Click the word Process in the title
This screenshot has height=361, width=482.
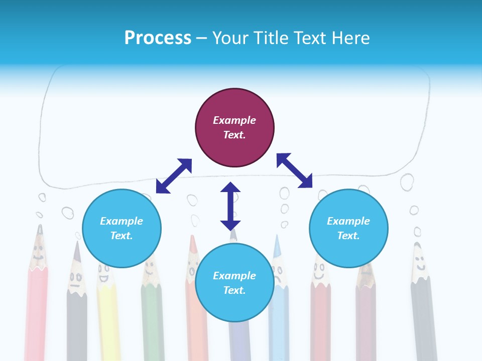pos(158,38)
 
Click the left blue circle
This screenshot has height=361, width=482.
pos(122,228)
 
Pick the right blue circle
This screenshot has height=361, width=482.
pos(348,228)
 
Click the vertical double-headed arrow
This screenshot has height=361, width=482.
pos(230,206)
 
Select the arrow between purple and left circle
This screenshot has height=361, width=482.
pos(174,176)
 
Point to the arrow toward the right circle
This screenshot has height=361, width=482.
pos(295,170)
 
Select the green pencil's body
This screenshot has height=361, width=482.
pos(152,321)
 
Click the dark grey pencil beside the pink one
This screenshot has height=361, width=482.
pos(76,311)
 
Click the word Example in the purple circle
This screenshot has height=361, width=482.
pos(234,120)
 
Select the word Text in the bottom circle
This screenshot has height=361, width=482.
pos(233,290)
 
